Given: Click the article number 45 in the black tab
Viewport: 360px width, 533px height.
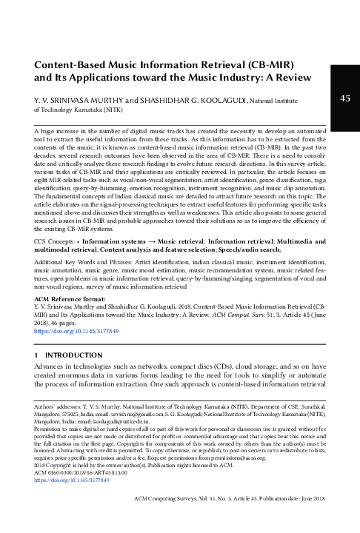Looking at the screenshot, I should pyautogui.click(x=344, y=98).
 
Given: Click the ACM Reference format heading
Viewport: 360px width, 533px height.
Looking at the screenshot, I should pyautogui.click(x=69, y=275).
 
